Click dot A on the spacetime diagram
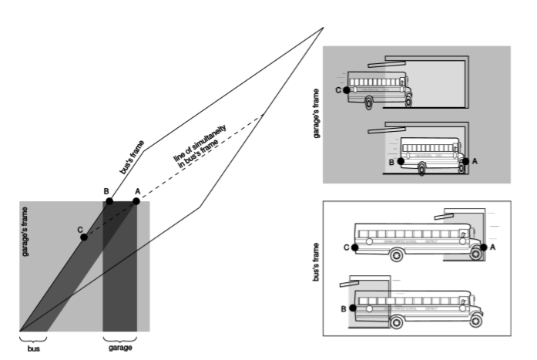click(x=136, y=201)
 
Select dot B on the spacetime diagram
click(x=109, y=201)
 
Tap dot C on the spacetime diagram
click(x=84, y=237)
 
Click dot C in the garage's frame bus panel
click(x=347, y=90)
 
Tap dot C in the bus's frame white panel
click(x=354, y=247)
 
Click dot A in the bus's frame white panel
click(x=483, y=247)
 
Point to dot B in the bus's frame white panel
click(x=354, y=308)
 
